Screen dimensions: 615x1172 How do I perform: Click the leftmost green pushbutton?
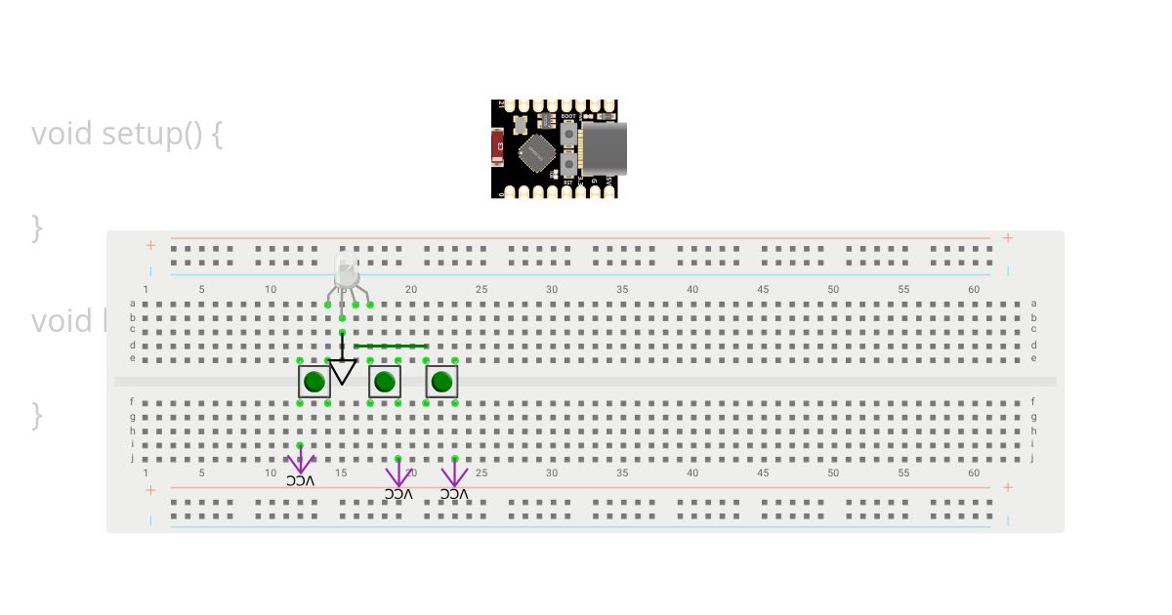[x=314, y=382]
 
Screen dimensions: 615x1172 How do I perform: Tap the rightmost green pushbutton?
[x=442, y=382]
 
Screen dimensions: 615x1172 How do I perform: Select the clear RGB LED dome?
[x=346, y=268]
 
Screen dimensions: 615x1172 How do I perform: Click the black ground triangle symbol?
[x=342, y=372]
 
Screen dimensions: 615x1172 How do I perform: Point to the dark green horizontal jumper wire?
[x=390, y=346]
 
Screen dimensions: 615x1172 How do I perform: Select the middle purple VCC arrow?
[x=398, y=474]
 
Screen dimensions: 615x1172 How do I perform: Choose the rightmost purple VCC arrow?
[x=454, y=474]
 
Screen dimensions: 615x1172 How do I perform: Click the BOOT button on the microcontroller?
[x=568, y=131]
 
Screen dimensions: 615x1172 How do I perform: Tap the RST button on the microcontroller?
[x=568, y=167]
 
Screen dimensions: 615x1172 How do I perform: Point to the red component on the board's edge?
[x=497, y=148]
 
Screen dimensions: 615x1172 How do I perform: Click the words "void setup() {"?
[x=127, y=134]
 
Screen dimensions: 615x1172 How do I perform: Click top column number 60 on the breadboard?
[x=974, y=289]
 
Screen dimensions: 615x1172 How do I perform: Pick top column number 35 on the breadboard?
[x=622, y=289]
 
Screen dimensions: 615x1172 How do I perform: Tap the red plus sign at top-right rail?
[x=1008, y=238]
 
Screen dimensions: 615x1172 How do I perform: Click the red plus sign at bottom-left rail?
[x=150, y=489]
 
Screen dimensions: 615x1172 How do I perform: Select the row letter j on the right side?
[x=1033, y=458]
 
